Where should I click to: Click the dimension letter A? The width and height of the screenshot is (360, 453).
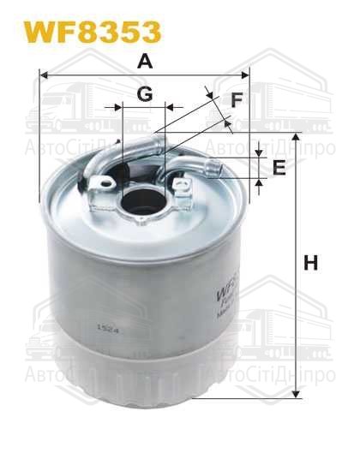(x=146, y=61)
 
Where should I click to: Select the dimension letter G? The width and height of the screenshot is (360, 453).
(x=145, y=95)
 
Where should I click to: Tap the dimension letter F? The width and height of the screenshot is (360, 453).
(x=237, y=100)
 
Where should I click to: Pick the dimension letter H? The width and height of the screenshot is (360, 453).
(x=310, y=264)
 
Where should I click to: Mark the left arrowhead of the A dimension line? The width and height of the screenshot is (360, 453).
(x=43, y=75)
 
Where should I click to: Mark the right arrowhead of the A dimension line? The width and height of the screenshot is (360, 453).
(x=246, y=75)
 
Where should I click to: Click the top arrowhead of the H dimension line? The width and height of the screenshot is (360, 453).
(x=297, y=137)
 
